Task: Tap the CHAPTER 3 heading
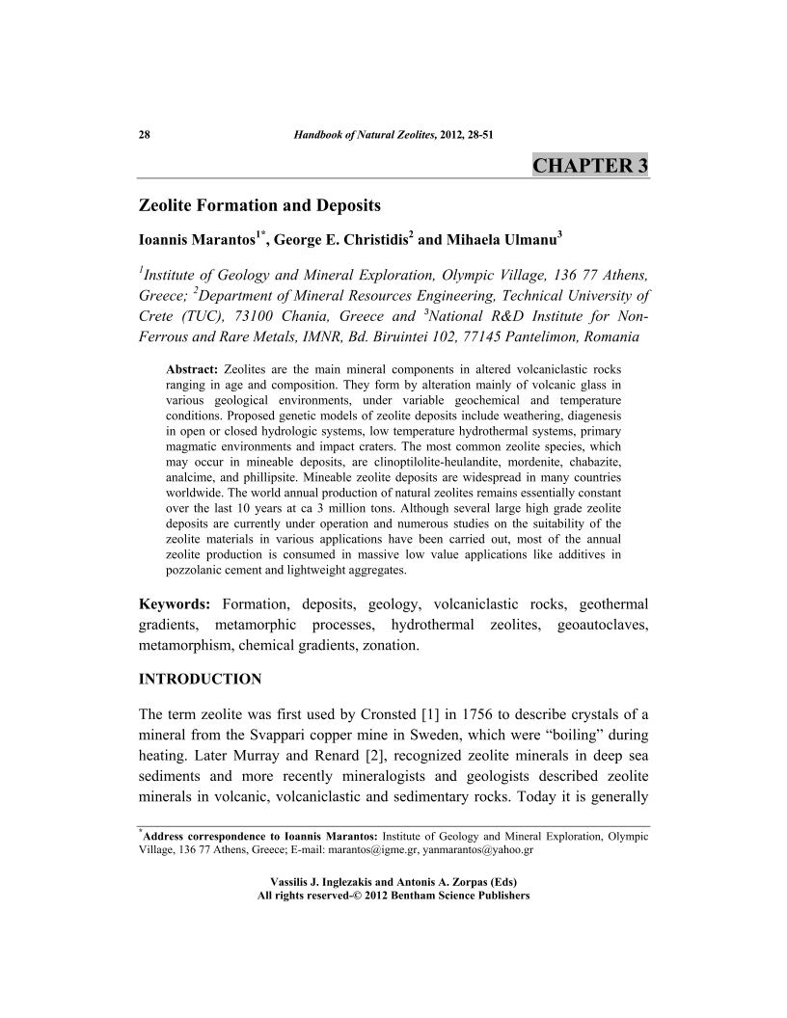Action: pyautogui.click(x=589, y=165)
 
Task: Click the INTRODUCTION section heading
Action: pyautogui.click(x=201, y=680)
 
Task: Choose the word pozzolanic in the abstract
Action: pyautogui.click(x=198, y=569)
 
